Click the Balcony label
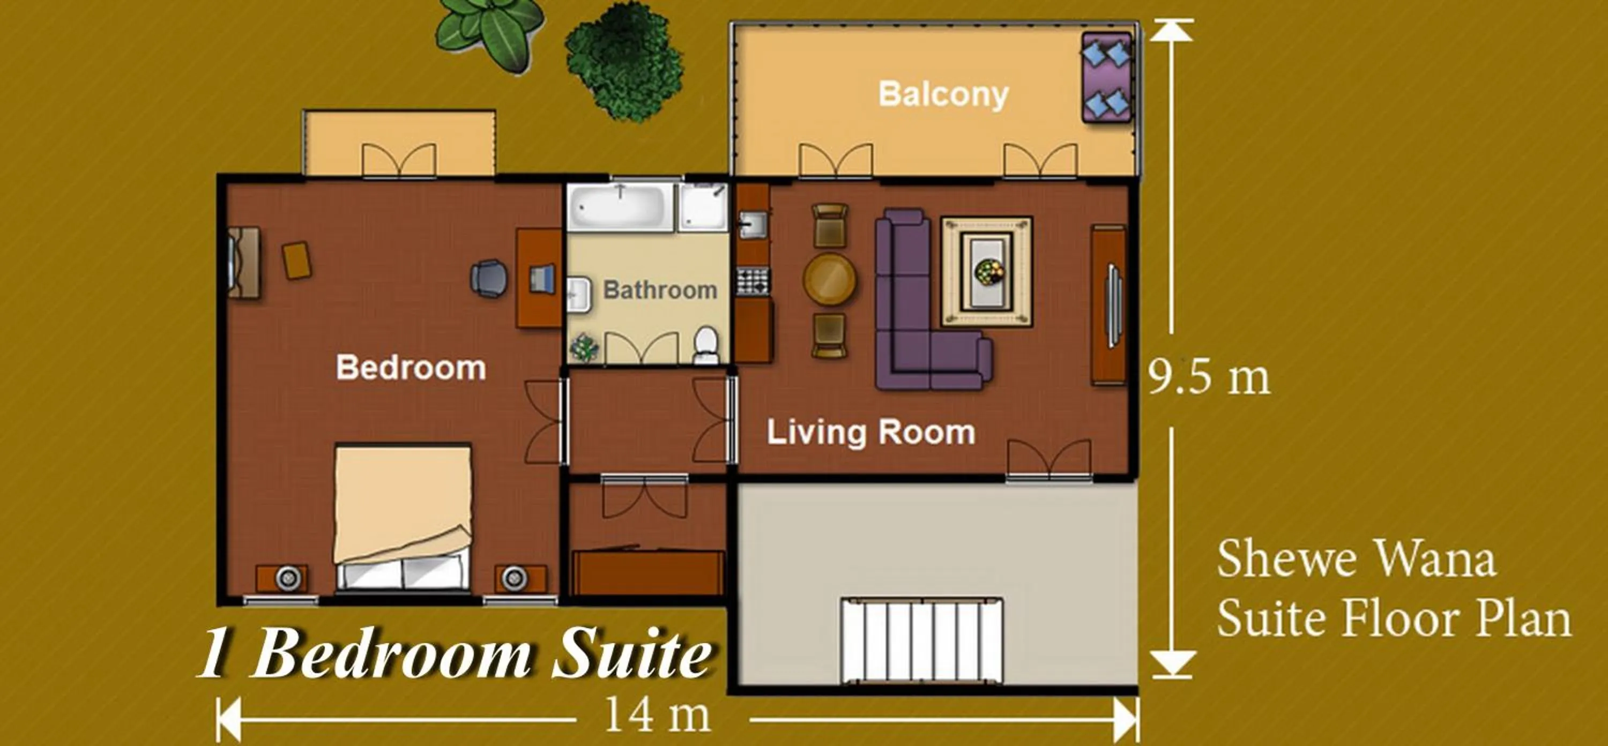point(943,95)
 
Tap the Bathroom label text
point(660,290)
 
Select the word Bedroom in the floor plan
point(411,368)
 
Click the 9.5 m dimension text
point(1209,378)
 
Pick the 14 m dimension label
point(657,715)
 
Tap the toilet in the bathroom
point(706,345)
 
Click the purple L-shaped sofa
point(905,312)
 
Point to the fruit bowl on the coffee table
point(989,272)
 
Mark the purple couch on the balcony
point(1107,77)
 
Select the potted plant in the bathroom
point(585,346)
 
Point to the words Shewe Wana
point(1356,559)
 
